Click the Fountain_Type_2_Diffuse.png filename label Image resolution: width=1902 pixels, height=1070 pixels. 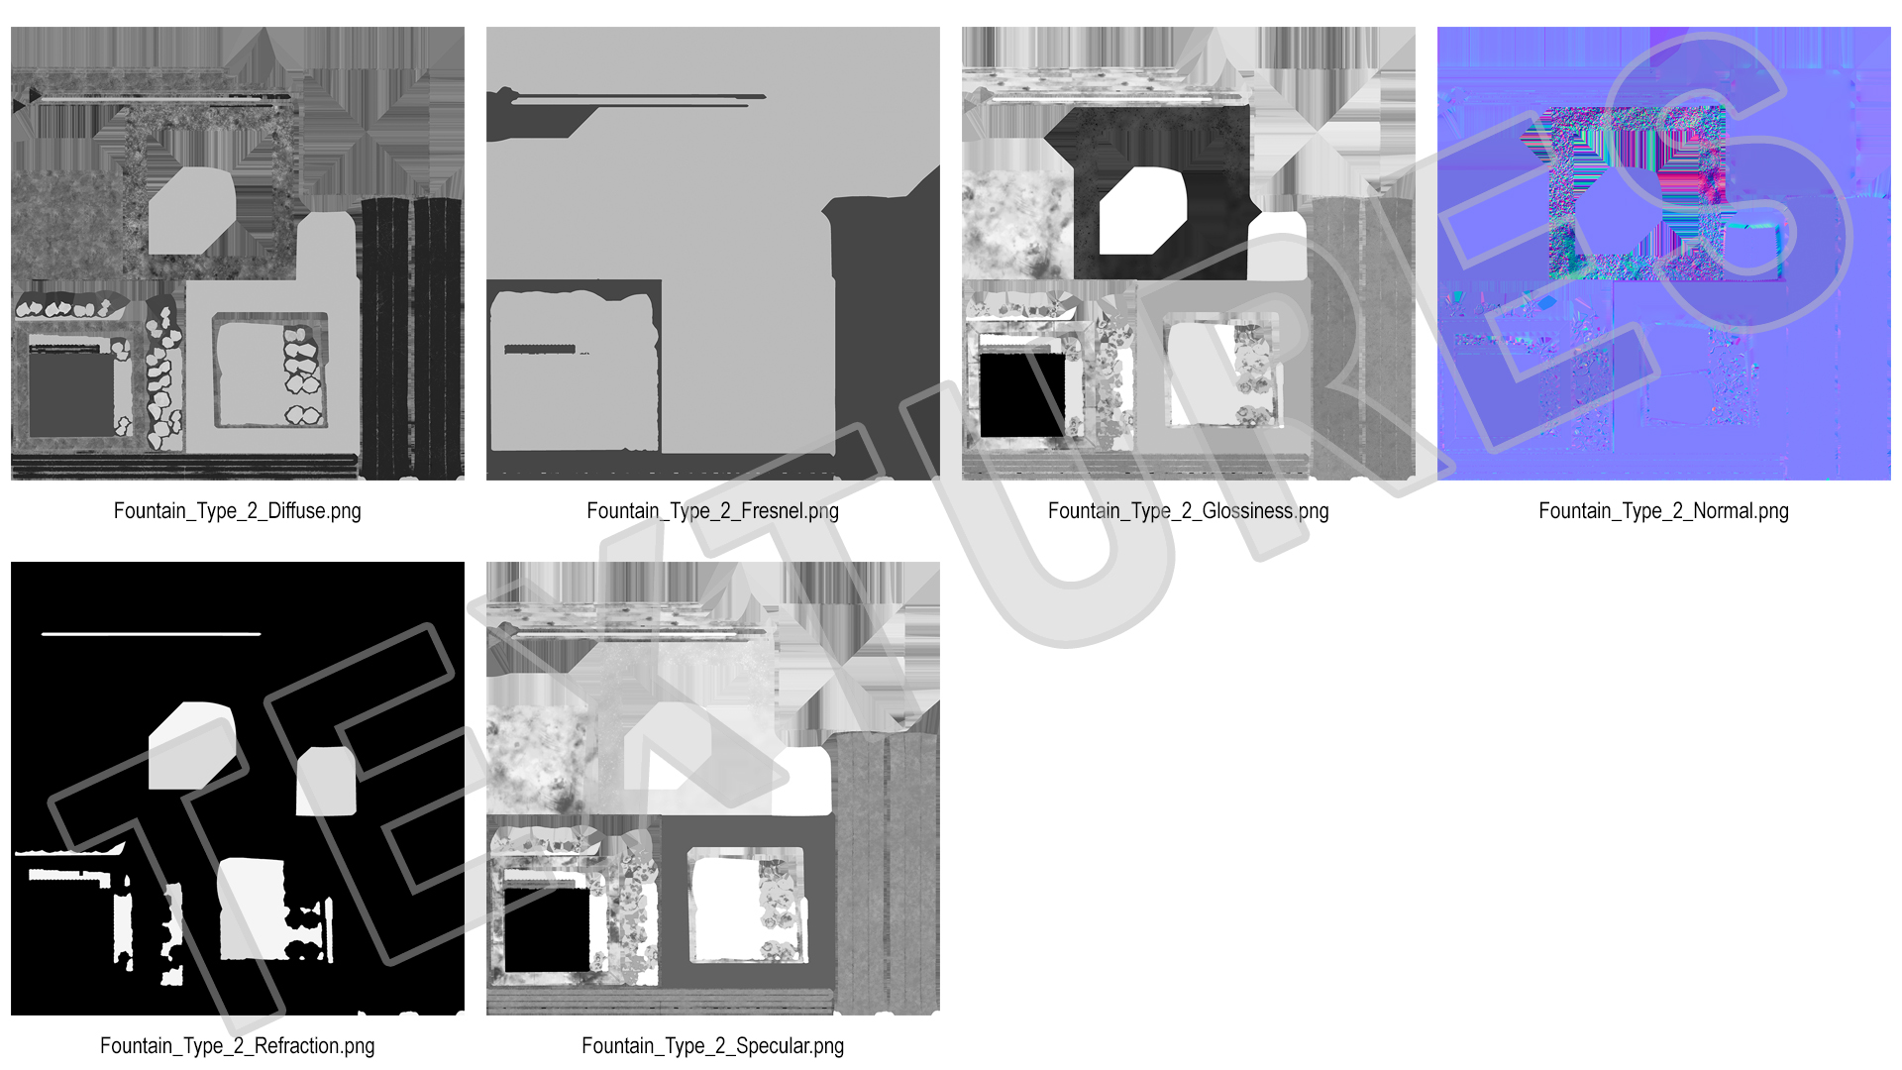(237, 511)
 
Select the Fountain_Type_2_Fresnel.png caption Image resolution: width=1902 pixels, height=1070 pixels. (712, 511)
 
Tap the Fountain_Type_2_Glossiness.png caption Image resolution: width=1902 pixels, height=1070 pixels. (1188, 511)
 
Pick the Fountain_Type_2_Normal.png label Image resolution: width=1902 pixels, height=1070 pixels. (1663, 511)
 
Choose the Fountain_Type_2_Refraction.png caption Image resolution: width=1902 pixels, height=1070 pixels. (237, 1046)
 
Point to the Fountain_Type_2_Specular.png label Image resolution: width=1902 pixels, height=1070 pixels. (712, 1046)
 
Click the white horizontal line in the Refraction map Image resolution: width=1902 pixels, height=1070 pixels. (151, 633)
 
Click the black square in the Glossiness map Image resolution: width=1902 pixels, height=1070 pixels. (1022, 394)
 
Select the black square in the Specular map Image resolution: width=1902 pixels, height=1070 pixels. (548, 929)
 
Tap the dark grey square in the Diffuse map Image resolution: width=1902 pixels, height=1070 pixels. (71, 394)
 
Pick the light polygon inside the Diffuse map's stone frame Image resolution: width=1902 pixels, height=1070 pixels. (191, 211)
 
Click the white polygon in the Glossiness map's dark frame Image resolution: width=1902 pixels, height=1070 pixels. (1142, 211)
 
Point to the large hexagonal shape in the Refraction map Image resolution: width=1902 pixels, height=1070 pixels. (191, 746)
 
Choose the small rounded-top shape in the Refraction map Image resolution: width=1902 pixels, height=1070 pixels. (326, 781)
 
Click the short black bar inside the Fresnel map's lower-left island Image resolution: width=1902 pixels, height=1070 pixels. (540, 349)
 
